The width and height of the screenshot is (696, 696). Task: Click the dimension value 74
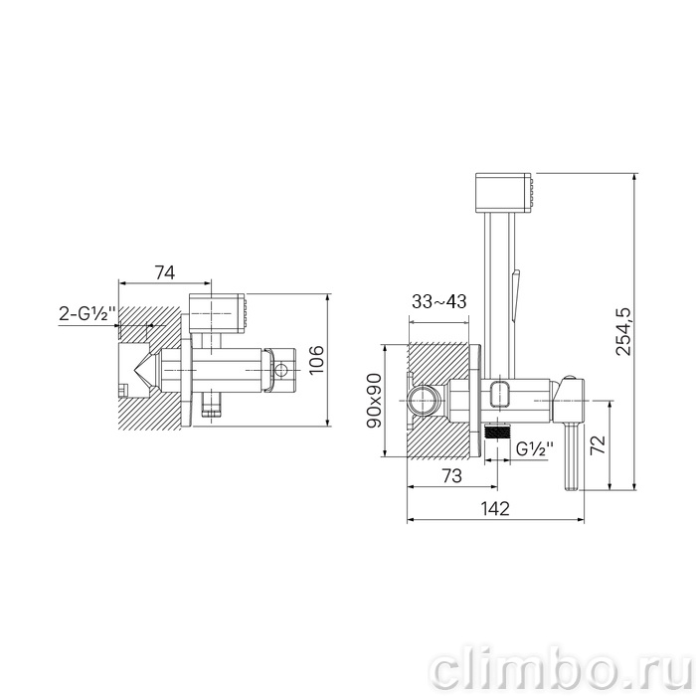click(165, 272)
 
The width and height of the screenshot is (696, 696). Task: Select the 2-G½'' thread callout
click(87, 314)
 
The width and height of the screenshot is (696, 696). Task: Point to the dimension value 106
click(316, 360)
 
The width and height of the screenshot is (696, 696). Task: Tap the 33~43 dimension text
click(439, 301)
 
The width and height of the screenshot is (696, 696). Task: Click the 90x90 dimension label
click(374, 401)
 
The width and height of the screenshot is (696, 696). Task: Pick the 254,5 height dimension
click(622, 331)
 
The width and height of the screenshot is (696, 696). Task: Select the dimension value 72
click(598, 444)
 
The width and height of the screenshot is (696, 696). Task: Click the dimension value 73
click(451, 476)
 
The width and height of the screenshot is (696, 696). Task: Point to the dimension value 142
click(495, 509)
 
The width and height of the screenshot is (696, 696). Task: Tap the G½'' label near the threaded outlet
click(535, 449)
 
